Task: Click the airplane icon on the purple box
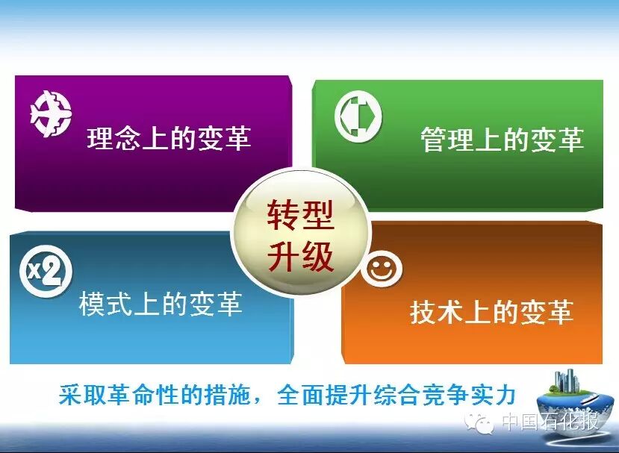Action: tap(51, 113)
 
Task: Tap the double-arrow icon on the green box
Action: tap(358, 116)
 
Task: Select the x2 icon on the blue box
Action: tap(46, 271)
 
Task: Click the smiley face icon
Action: tap(382, 269)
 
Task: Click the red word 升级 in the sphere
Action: tap(300, 256)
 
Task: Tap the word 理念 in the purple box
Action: tap(113, 138)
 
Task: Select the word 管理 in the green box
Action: tap(447, 139)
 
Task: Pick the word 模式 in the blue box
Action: tap(106, 304)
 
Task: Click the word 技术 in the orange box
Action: tap(437, 312)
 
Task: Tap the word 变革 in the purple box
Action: tap(224, 138)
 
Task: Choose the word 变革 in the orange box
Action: tap(547, 312)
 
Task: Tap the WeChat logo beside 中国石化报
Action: tap(479, 423)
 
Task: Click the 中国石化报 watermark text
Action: tap(550, 422)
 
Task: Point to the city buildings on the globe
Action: tap(567, 381)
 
